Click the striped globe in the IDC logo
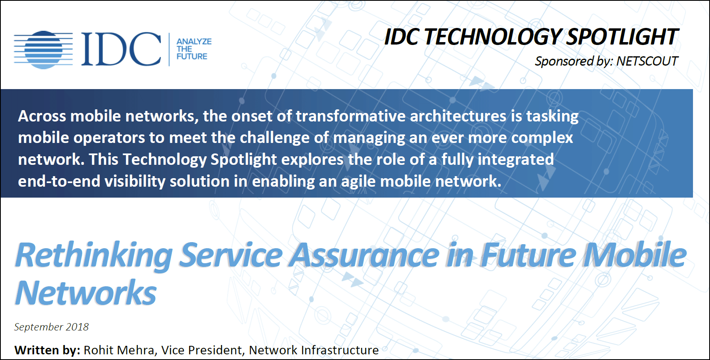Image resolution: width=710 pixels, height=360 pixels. pyautogui.click(x=43, y=49)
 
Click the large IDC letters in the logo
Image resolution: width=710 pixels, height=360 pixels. pyautogui.click(x=121, y=49)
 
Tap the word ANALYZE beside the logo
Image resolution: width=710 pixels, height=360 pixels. pyautogui.click(x=194, y=41)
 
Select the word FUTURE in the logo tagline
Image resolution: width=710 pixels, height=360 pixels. pyautogui.click(x=192, y=56)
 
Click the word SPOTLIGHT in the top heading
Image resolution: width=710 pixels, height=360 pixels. pyautogui.click(x=622, y=37)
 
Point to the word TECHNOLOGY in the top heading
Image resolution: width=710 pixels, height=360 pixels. pyautogui.click(x=491, y=37)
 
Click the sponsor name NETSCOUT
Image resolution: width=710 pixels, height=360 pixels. pyautogui.click(x=647, y=61)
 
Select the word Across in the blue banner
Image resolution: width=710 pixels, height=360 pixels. pyautogui.click(x=42, y=116)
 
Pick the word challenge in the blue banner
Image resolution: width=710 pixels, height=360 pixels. pyautogui.click(x=275, y=138)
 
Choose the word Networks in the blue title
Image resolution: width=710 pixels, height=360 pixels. pyautogui.click(x=86, y=293)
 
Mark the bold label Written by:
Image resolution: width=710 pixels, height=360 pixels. pyautogui.click(x=47, y=350)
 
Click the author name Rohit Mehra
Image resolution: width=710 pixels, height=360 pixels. pyautogui.click(x=119, y=350)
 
